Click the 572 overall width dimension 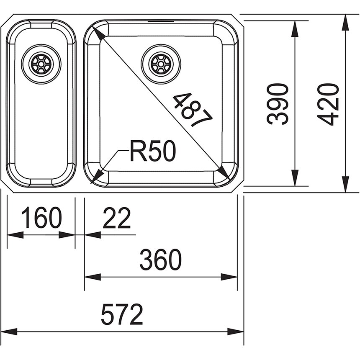(122, 314)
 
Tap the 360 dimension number (160, 260)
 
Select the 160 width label (41, 218)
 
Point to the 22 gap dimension (117, 218)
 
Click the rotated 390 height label (278, 104)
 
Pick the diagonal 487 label (193, 110)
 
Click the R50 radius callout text (153, 151)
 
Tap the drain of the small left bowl (41, 64)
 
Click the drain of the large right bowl (161, 63)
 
